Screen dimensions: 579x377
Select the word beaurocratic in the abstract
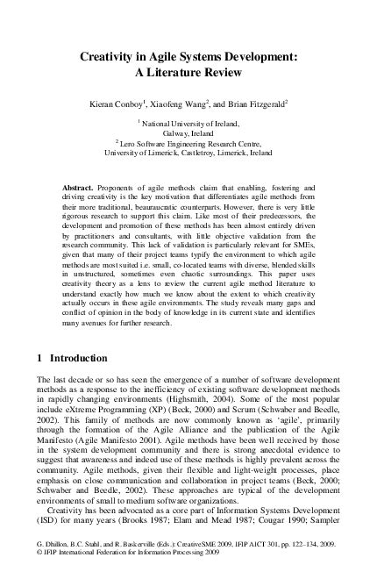203,211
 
